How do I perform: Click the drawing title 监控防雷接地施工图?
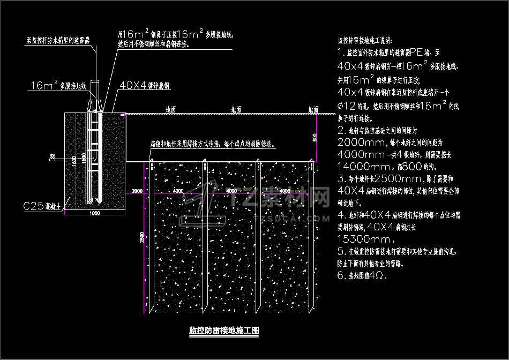click(x=224, y=331)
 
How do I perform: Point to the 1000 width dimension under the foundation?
click(x=94, y=213)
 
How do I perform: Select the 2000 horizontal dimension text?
click(x=137, y=191)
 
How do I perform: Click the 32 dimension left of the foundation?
click(x=52, y=156)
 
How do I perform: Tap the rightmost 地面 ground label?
click(x=313, y=110)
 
